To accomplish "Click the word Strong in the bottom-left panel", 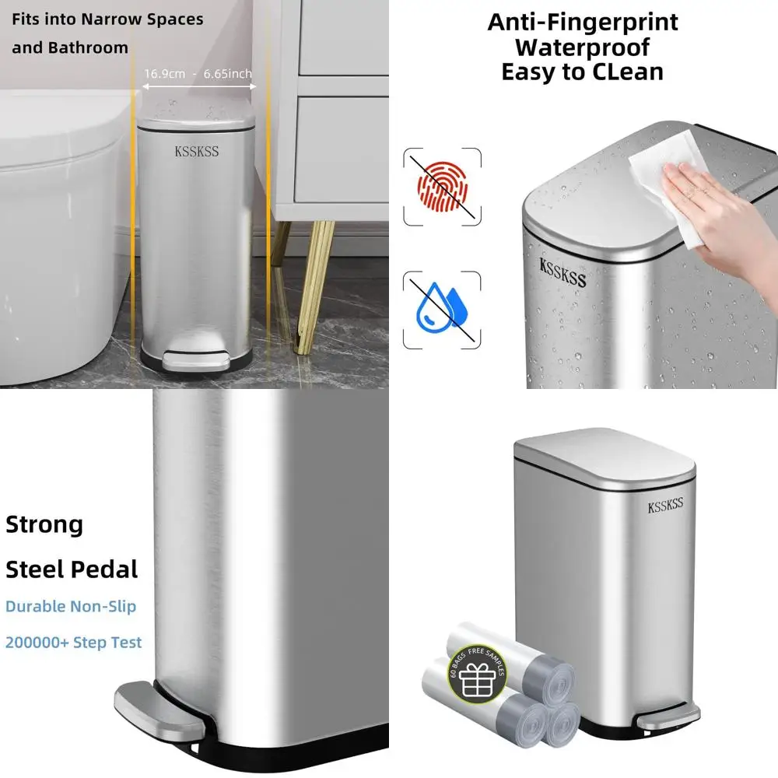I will point(44,524).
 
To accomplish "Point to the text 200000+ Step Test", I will point(74,643).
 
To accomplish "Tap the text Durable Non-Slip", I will point(71,606).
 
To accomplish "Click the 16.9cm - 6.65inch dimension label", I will point(198,74).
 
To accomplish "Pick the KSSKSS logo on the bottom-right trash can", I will point(665,506).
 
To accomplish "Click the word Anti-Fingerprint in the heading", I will point(583,22).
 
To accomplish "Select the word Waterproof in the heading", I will point(582,47).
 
